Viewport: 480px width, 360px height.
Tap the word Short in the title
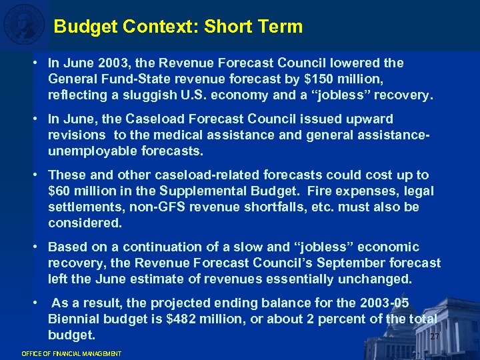(227, 27)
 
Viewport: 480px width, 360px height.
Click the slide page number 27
(435, 337)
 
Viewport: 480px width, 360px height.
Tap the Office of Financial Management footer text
(71, 353)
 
